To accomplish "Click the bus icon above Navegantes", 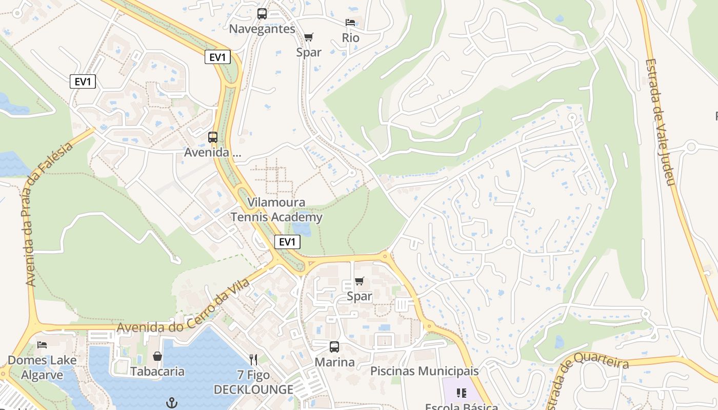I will pyautogui.click(x=262, y=14).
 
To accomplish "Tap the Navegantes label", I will pyautogui.click(x=262, y=29).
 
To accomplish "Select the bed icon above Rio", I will pyautogui.click(x=350, y=23).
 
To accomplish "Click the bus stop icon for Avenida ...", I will pyautogui.click(x=213, y=137).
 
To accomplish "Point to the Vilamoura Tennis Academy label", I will pyautogui.click(x=276, y=210).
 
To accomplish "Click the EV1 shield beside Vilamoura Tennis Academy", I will pyautogui.click(x=287, y=242).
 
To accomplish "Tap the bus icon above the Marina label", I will pyautogui.click(x=334, y=347).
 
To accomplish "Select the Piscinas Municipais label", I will pyautogui.click(x=424, y=371).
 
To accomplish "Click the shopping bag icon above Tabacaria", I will pyautogui.click(x=157, y=356).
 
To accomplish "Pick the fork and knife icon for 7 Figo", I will pyautogui.click(x=253, y=359).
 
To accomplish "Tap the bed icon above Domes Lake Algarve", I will pyautogui.click(x=42, y=345).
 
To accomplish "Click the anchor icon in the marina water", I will pyautogui.click(x=172, y=403).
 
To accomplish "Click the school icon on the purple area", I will pyautogui.click(x=462, y=393).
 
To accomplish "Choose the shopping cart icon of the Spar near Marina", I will pyautogui.click(x=359, y=281).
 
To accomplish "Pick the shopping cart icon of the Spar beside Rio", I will pyautogui.click(x=308, y=37).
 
